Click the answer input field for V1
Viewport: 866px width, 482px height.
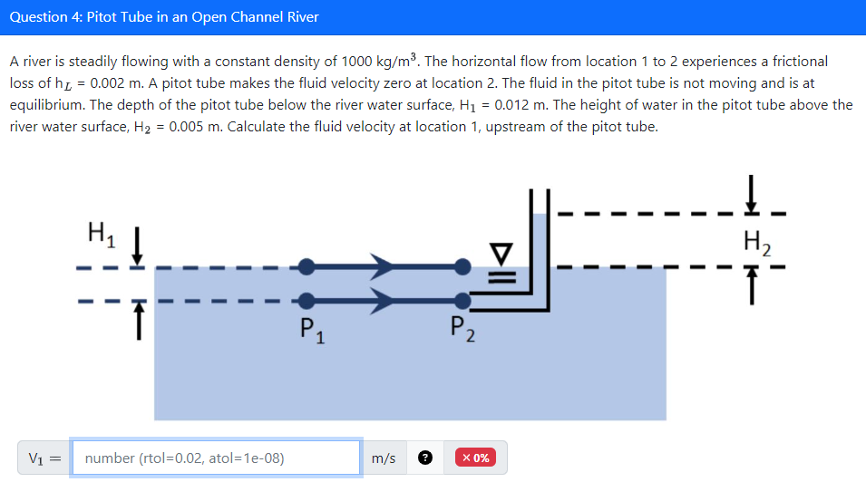coord(216,458)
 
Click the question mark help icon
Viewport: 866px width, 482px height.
coord(424,458)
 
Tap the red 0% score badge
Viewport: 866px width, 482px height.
coord(476,458)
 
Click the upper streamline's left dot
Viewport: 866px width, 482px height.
coord(307,266)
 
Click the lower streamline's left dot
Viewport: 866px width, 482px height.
coord(307,300)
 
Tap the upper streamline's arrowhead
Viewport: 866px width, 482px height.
coord(382,266)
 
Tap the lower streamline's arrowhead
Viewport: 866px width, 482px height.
coord(382,300)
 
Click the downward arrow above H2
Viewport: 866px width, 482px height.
coord(752,194)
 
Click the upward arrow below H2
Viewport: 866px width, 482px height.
coord(752,289)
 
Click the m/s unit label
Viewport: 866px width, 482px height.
coord(384,458)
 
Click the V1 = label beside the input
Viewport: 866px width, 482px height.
coord(44,458)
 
